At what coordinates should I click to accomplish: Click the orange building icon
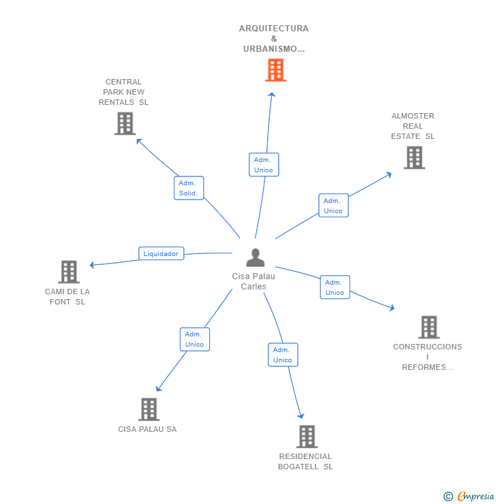pyautogui.click(x=275, y=69)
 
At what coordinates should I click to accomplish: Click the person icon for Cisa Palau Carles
pyautogui.click(x=255, y=257)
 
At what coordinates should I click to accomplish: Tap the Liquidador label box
pyautogui.click(x=161, y=253)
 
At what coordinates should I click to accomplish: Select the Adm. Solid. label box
pyautogui.click(x=189, y=188)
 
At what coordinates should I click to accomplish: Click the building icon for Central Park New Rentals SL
pyautogui.click(x=125, y=123)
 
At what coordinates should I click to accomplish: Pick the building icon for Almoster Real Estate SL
pyautogui.click(x=414, y=157)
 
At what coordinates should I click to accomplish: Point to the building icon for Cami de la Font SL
pyautogui.click(x=69, y=272)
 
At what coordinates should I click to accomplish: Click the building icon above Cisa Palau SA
pyautogui.click(x=149, y=409)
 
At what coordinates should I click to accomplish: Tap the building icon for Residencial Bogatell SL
pyautogui.click(x=307, y=437)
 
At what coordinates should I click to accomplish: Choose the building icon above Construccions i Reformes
pyautogui.click(x=429, y=327)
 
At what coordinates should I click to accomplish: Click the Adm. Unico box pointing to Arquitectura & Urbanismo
pyautogui.click(x=264, y=165)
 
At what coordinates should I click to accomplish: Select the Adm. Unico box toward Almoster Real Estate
pyautogui.click(x=333, y=206)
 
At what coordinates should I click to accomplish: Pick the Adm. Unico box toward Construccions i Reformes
pyautogui.click(x=335, y=287)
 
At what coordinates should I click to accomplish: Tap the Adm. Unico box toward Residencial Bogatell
pyautogui.click(x=283, y=355)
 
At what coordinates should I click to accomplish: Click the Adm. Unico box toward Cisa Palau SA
pyautogui.click(x=195, y=339)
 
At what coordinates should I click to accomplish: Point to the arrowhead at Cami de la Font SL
pyautogui.click(x=92, y=265)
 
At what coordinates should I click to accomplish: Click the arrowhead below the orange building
pyautogui.click(x=272, y=94)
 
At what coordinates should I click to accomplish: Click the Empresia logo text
pyautogui.click(x=476, y=496)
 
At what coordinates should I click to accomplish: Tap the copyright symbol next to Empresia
pyautogui.click(x=448, y=497)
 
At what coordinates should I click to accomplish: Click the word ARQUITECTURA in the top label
pyautogui.click(x=274, y=29)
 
